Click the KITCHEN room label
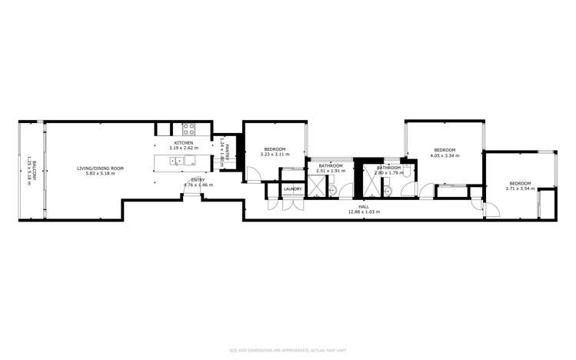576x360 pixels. tap(184, 143)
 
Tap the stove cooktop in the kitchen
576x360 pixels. tap(188, 129)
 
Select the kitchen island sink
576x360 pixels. tap(176, 161)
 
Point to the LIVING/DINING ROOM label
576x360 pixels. tap(100, 168)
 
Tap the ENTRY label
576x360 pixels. tap(198, 180)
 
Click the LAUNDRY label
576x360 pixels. tap(292, 188)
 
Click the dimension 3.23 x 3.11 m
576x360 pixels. tap(275, 155)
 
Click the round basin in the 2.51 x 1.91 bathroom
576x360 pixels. tap(331, 190)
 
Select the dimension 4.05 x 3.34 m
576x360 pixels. tap(444, 155)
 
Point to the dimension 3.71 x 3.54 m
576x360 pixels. tap(519, 188)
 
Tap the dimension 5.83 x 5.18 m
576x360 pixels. tap(100, 174)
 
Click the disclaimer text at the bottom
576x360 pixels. tap(288, 348)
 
